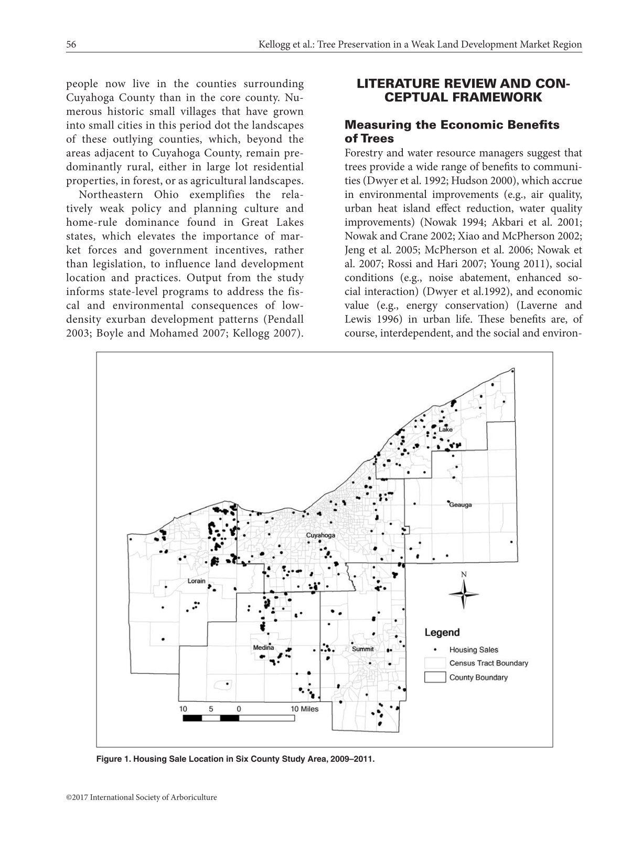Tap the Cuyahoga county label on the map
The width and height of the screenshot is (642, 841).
point(320,535)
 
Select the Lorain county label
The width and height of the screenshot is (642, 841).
point(197,581)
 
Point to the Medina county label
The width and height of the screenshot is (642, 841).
point(264,647)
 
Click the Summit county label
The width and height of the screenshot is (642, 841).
point(363,649)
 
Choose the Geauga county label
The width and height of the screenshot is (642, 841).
point(461,504)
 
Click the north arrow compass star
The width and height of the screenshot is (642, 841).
point(464,594)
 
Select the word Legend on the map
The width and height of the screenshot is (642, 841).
point(442,633)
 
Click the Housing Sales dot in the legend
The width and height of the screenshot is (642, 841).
point(435,649)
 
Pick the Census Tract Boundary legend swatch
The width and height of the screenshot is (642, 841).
point(435,664)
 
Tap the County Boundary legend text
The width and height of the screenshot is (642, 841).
point(478,677)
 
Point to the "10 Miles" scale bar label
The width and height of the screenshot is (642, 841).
point(305,708)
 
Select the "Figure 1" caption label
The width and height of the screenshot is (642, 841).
point(113,759)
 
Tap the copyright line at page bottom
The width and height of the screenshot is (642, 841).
point(141,797)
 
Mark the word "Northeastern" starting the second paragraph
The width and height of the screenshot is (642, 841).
point(111,195)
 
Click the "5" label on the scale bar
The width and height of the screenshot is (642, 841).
point(211,708)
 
